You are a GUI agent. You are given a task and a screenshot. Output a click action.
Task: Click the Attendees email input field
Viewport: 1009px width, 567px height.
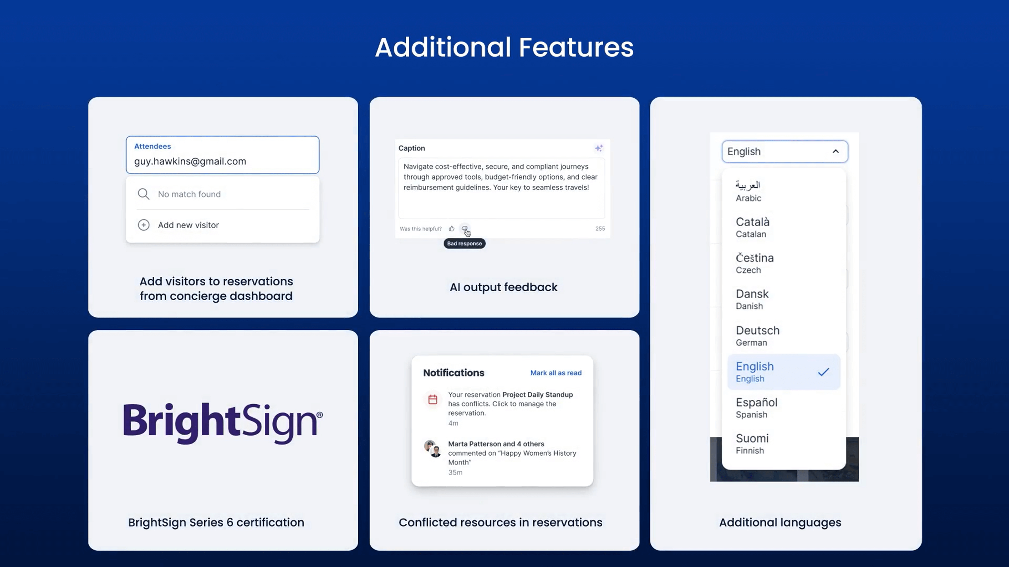pos(222,155)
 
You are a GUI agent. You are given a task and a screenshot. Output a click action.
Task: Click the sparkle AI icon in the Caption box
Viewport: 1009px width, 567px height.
pos(599,148)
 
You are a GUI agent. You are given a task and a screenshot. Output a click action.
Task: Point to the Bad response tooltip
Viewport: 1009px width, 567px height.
pos(465,243)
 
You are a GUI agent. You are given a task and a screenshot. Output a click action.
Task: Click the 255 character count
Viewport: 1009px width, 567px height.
pos(600,228)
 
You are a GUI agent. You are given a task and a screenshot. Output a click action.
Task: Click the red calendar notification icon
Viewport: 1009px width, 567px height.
pos(432,399)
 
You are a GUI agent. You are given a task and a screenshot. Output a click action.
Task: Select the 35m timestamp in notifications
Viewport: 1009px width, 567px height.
pos(455,472)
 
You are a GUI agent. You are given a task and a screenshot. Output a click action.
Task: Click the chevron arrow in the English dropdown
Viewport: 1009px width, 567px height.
pos(835,151)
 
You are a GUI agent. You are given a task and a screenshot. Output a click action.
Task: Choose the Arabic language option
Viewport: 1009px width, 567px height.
pos(748,191)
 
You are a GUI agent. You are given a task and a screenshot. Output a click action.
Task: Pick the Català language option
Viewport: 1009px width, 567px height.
pos(752,227)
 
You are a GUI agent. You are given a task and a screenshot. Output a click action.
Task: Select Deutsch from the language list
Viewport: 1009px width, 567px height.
pos(757,336)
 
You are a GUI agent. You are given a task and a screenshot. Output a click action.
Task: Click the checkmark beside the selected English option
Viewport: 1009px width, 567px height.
pos(824,372)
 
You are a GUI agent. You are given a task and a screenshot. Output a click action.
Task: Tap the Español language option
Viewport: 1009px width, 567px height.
pos(756,408)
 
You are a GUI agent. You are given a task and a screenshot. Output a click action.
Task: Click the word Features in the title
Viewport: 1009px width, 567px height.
pos(576,47)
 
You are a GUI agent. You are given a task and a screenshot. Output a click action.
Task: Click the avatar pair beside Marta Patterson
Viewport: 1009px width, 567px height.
pos(433,449)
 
